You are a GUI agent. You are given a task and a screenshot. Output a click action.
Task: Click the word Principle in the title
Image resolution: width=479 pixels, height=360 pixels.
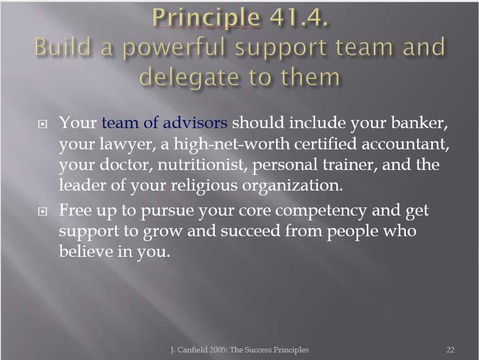206,18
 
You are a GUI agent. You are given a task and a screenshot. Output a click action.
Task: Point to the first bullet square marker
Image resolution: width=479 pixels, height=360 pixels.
42,124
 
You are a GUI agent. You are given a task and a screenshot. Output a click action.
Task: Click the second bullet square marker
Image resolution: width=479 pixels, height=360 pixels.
42,211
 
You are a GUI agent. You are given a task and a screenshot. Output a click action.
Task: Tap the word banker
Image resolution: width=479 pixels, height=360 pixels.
419,123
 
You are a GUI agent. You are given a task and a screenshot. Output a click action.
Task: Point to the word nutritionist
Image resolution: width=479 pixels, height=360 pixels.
202,165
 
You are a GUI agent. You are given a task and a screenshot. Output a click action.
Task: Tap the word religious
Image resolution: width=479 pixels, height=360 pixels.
204,186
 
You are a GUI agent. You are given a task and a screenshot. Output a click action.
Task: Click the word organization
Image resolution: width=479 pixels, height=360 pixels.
292,186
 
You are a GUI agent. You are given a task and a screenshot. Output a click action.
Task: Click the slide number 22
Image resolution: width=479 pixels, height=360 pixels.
450,350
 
